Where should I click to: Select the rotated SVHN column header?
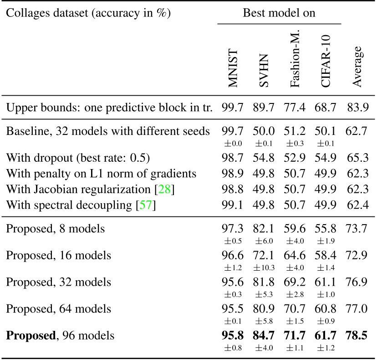tap(264, 71)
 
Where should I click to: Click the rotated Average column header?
tap(357, 66)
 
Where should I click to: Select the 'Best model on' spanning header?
tap(279, 13)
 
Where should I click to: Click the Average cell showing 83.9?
tap(357, 108)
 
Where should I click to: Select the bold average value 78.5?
tap(357, 336)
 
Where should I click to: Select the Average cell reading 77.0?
tap(357, 309)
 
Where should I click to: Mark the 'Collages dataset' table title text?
tap(88, 13)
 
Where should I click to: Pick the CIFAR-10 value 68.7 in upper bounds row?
tap(325, 108)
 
